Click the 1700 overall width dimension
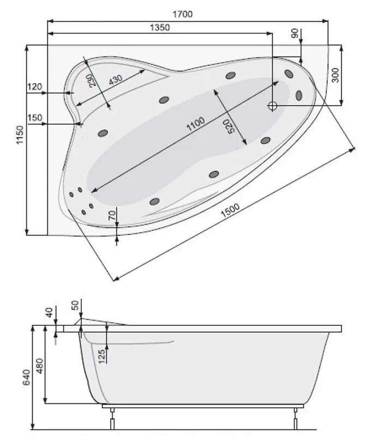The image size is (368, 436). pos(183,14)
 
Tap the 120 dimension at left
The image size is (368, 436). pos(34,87)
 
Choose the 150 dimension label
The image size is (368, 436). pos(34,118)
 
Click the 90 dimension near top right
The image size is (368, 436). pos(295,34)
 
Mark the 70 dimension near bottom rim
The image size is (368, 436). pos(112,216)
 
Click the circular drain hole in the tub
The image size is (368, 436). pos(273,106)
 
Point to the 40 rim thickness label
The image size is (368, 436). pos(50,313)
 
